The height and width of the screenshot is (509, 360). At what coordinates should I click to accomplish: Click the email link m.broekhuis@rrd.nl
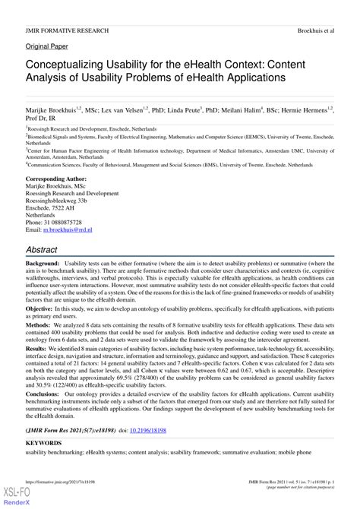tap(68, 229)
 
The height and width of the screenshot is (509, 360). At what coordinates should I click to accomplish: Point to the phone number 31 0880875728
tap(71, 220)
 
